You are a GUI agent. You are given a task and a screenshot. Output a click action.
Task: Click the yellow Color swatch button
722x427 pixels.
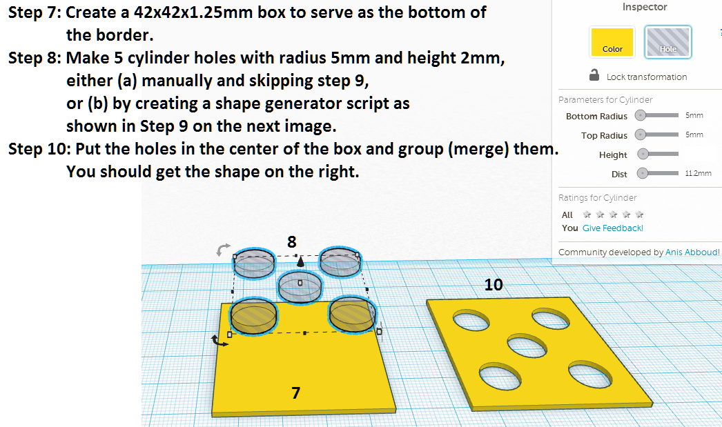click(x=612, y=41)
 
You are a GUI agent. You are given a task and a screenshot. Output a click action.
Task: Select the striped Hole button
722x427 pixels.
click(x=667, y=41)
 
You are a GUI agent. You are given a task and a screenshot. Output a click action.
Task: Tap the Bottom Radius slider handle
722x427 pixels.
click(x=641, y=116)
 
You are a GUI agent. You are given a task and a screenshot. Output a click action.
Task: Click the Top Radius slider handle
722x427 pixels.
click(x=641, y=135)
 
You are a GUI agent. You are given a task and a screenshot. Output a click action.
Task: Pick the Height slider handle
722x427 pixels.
click(x=643, y=154)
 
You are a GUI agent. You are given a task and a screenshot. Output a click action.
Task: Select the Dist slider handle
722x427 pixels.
click(x=642, y=174)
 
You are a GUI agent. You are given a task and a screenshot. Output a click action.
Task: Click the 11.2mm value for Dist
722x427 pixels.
click(x=697, y=174)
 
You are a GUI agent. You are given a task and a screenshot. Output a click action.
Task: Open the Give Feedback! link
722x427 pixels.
click(x=612, y=228)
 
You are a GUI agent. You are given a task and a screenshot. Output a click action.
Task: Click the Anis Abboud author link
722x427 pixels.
click(x=692, y=252)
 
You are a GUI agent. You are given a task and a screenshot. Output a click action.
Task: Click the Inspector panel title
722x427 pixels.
click(x=645, y=7)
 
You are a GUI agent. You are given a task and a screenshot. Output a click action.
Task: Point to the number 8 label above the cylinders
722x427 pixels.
click(x=292, y=241)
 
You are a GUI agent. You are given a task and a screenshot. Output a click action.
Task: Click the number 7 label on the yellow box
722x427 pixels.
click(x=295, y=393)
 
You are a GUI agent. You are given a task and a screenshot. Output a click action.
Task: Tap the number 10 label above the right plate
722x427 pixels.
click(x=493, y=284)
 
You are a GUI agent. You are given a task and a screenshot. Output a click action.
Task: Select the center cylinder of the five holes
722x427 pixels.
click(x=300, y=286)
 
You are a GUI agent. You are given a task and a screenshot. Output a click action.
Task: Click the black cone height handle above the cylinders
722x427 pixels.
click(x=300, y=263)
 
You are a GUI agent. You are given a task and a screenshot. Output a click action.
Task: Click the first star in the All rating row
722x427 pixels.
click(x=587, y=215)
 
